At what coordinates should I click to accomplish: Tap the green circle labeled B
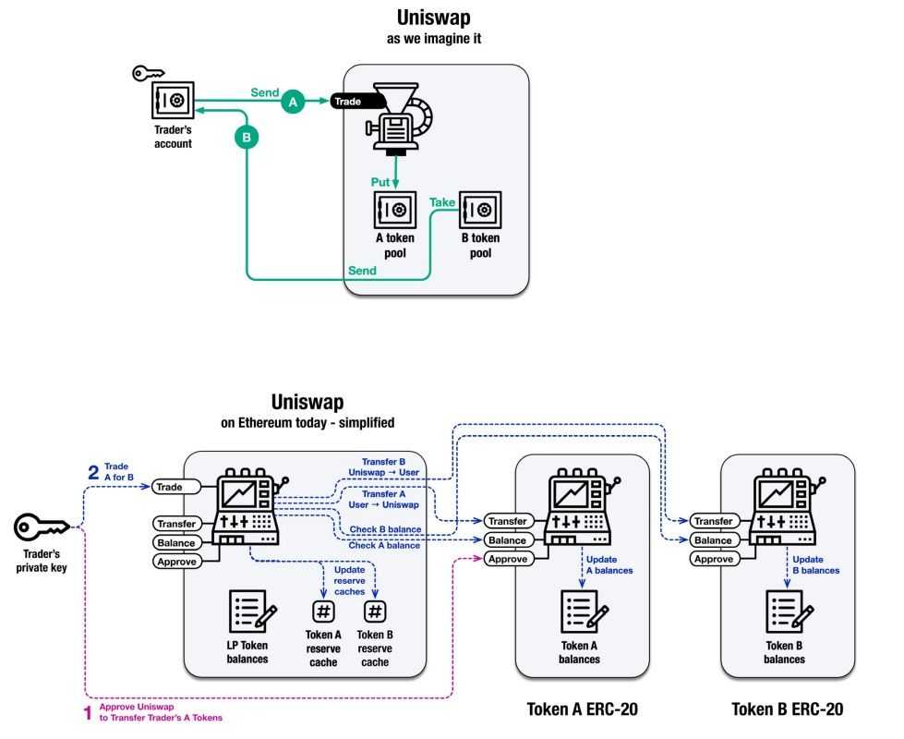pos(246,138)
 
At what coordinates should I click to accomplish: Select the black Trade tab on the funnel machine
pos(348,102)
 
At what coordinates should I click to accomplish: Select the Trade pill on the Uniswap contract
pos(169,486)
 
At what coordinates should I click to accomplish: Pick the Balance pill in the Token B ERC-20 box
pos(713,540)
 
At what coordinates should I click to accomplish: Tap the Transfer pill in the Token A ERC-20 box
pos(506,522)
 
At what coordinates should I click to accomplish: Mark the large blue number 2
pos(93,472)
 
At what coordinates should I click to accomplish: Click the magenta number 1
pos(88,712)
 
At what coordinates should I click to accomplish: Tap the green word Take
pos(442,202)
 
